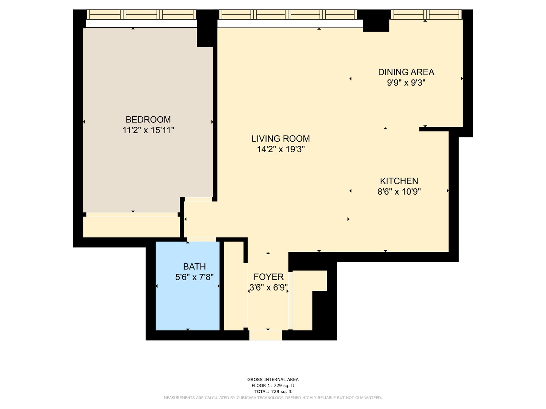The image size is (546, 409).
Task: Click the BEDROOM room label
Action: [148, 120]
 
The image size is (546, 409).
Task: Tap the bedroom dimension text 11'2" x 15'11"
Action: [148, 130]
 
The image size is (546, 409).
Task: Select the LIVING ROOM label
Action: [281, 139]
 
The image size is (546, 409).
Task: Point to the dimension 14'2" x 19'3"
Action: [281, 149]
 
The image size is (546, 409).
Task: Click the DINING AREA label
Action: [406, 72]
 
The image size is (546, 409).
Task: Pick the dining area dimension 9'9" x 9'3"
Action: [406, 83]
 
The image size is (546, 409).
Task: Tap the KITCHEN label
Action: [399, 181]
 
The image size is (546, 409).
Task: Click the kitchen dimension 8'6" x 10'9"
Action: [399, 192]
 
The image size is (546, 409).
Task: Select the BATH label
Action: [195, 267]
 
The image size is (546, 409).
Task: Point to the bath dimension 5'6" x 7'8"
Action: [195, 277]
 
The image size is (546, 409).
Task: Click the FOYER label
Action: [268, 277]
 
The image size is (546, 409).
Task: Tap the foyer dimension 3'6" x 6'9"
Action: [268, 288]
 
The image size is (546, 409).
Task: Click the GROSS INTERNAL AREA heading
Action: [273, 379]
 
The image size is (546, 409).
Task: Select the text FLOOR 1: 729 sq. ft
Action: [273, 386]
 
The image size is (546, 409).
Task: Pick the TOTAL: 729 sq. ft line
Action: [273, 392]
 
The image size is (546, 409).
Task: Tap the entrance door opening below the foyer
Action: [265, 335]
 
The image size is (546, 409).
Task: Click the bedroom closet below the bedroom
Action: [131, 227]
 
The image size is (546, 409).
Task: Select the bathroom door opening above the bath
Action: [201, 239]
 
